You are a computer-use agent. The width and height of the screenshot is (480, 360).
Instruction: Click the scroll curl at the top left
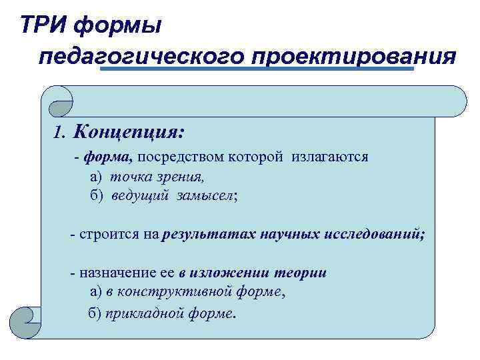pos(59,99)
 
